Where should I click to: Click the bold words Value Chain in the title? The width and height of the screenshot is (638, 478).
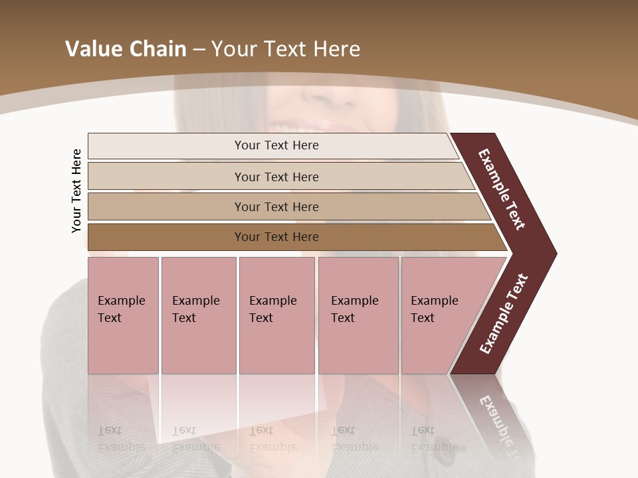[x=126, y=49]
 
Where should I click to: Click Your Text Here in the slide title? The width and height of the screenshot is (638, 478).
[x=286, y=49]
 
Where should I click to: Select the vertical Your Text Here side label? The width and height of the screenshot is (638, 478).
[x=76, y=191]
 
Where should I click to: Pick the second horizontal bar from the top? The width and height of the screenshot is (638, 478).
[x=276, y=177]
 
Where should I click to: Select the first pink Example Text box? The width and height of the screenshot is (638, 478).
[x=123, y=315]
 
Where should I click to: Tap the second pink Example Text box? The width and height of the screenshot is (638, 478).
[x=198, y=315]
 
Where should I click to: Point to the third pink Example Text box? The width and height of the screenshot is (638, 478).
[x=276, y=315]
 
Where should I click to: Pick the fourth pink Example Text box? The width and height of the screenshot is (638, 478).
[x=358, y=315]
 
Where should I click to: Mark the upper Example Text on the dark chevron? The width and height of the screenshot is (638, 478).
[x=502, y=189]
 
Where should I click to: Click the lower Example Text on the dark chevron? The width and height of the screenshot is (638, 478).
[x=504, y=313]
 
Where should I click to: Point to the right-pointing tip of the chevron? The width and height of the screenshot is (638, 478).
[x=553, y=253]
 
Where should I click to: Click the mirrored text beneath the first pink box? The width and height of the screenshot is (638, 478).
[x=121, y=439]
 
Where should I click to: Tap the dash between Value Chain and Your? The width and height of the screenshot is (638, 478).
[x=199, y=50]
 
